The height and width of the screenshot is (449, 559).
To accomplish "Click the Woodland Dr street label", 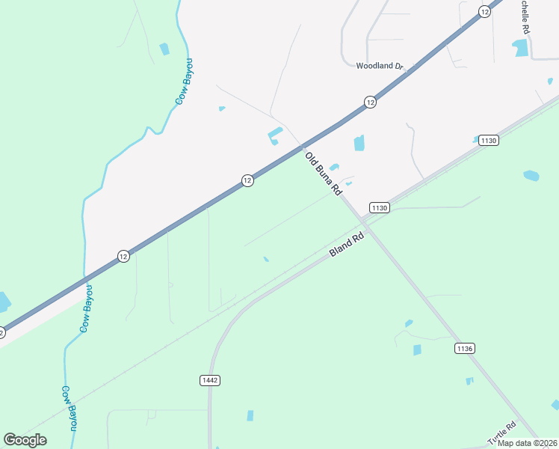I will tap(380, 66).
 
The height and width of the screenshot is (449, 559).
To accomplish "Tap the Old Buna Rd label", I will tap(324, 174).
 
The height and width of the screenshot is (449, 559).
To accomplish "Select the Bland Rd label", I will tap(347, 245).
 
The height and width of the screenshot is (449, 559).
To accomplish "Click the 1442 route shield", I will tap(210, 380).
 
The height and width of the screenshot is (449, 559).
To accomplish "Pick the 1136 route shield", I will tap(464, 349).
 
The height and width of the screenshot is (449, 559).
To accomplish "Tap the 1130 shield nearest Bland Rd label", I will tap(379, 208).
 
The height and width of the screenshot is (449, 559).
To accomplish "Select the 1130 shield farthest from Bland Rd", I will tap(489, 141).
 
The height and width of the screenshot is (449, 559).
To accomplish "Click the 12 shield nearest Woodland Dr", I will tap(369, 102).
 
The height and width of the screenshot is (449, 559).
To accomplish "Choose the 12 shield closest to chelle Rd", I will tap(485, 11).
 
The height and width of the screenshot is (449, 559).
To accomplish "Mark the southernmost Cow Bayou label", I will tap(70, 408).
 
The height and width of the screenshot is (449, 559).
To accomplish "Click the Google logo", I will tap(25, 440).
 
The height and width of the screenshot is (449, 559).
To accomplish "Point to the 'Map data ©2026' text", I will tap(527, 443).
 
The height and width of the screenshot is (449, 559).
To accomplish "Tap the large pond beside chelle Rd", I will tap(520, 49).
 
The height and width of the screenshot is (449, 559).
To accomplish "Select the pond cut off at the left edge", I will tap(4, 302).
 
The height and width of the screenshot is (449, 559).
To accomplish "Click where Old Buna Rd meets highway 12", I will tap(302, 145).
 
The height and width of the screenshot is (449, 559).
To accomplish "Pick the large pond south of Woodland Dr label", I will tap(359, 143).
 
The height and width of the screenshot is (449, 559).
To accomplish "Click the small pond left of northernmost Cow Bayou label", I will tap(164, 49).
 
